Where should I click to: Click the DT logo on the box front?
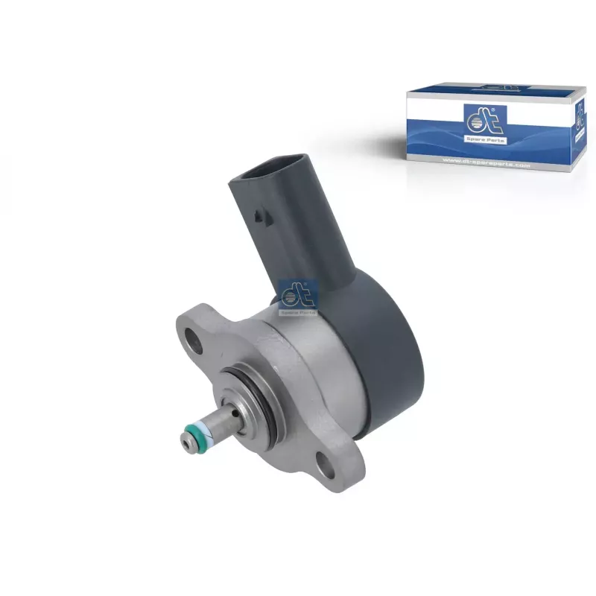point(480,118)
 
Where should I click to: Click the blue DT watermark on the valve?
point(297,296)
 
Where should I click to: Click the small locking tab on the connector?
point(259,218)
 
